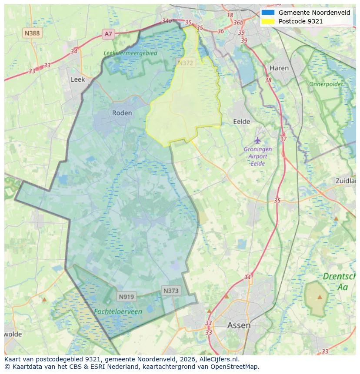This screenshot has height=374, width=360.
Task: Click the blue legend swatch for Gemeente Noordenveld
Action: (x=268, y=13)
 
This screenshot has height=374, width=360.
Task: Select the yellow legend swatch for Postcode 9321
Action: (x=268, y=21)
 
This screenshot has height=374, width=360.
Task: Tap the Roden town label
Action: (x=122, y=113)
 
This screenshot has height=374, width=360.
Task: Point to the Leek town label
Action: (x=78, y=79)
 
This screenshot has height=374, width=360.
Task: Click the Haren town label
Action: (x=279, y=68)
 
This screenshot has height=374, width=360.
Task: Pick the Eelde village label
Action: (x=242, y=122)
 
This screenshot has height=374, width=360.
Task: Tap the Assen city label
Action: (x=239, y=325)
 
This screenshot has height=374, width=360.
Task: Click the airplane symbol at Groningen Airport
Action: (x=258, y=140)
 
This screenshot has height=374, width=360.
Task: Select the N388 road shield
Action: (x=32, y=33)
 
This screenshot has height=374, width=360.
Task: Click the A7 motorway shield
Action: (x=108, y=33)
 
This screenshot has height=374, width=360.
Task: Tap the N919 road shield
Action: (x=127, y=297)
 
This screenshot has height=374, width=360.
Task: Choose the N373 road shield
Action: (x=171, y=291)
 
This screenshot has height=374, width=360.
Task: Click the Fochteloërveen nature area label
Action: (x=118, y=311)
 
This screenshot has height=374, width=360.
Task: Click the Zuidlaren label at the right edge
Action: (x=346, y=181)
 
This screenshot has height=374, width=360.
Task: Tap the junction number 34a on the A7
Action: (x=167, y=20)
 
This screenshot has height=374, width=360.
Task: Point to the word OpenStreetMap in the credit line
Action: (x=237, y=366)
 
